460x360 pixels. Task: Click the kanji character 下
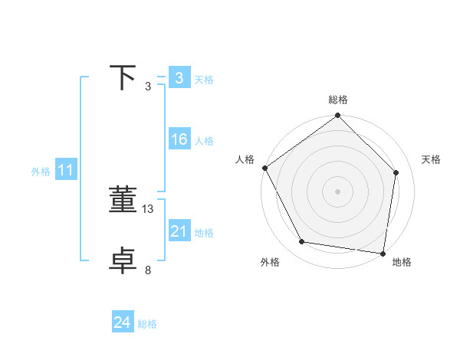(123, 77)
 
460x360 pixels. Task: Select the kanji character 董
(123, 200)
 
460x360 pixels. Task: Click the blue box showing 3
(179, 78)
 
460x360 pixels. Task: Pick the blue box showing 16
(179, 139)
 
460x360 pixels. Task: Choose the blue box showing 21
(179, 231)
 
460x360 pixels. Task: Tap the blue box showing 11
(65, 170)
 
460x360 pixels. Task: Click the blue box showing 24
(122, 322)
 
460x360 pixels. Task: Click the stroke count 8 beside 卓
(148, 270)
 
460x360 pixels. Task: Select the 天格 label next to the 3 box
(204, 79)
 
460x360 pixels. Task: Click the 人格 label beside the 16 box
(204, 140)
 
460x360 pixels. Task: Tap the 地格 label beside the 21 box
(204, 232)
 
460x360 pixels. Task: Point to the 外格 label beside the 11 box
(41, 172)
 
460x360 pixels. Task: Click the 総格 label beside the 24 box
(147, 324)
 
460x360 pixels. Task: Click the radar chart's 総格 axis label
(338, 100)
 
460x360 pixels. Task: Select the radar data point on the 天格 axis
(396, 172)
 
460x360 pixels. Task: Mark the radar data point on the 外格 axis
(302, 242)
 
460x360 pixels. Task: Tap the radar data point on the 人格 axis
(265, 168)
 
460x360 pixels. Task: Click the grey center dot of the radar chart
(338, 191)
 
